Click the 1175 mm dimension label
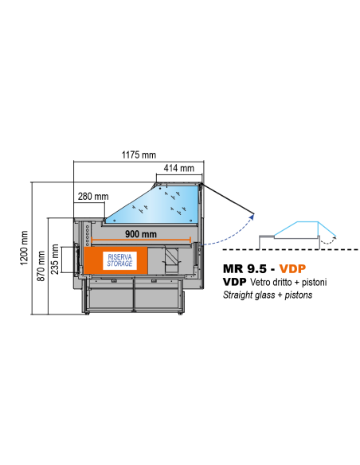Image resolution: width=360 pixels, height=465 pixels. pyautogui.click(x=139, y=154)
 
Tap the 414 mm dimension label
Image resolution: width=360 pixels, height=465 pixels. pyautogui.click(x=179, y=168)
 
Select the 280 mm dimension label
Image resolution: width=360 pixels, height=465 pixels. pyautogui.click(x=93, y=197)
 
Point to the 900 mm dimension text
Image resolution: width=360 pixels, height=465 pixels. pyautogui.click(x=140, y=234)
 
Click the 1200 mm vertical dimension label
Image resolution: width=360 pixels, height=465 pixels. pyautogui.click(x=24, y=248)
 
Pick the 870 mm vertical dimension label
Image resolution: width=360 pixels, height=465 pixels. pyautogui.click(x=41, y=266)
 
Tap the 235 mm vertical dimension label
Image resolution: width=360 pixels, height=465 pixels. pyautogui.click(x=55, y=259)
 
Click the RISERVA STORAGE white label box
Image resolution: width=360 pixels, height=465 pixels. pyautogui.click(x=119, y=260)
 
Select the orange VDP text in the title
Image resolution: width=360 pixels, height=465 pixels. pyautogui.click(x=292, y=268)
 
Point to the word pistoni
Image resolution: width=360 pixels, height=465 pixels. pyautogui.click(x=314, y=282)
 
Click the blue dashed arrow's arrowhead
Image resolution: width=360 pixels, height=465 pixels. pyautogui.click(x=252, y=217)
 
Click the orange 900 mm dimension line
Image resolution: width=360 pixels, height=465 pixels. pyautogui.click(x=141, y=240)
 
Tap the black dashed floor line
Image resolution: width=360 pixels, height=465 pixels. pyautogui.click(x=291, y=250)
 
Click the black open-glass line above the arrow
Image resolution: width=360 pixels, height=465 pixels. pyautogui.click(x=228, y=199)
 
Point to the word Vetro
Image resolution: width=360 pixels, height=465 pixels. pyautogui.click(x=260, y=282)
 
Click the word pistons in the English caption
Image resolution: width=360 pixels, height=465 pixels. pyautogui.click(x=299, y=295)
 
